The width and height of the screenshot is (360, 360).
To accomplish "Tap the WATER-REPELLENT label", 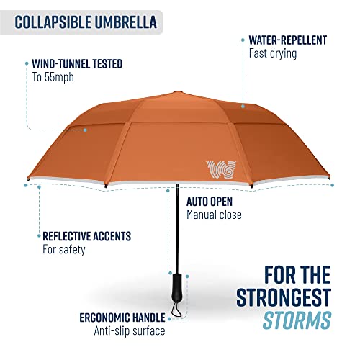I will (x=287, y=40).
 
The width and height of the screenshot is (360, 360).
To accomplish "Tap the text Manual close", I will (x=214, y=215).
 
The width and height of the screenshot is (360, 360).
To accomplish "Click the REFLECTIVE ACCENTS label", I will (x=86, y=236).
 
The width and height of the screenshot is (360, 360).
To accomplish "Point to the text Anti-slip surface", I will (x=129, y=331).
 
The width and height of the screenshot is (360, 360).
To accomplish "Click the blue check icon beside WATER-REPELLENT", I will (x=240, y=40).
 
